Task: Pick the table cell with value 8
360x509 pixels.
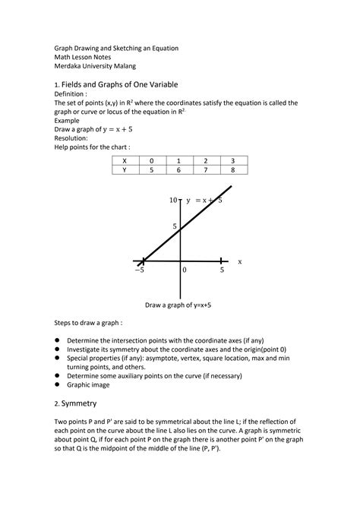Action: point(232,171)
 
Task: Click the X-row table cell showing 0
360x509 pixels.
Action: point(151,160)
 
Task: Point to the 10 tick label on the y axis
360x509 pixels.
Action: point(173,200)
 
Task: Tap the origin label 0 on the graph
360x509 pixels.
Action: point(185,270)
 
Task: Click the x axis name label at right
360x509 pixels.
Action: point(239,261)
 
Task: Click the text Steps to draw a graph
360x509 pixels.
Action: point(87,323)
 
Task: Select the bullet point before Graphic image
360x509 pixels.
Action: point(57,384)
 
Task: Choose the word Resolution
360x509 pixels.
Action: point(71,138)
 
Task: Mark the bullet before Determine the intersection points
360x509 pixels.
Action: point(57,340)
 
